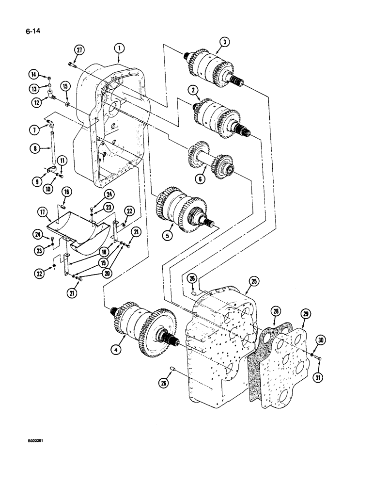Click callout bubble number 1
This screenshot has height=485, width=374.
click(x=120, y=48)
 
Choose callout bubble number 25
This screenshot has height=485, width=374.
click(x=253, y=281)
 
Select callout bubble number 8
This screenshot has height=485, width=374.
click(x=34, y=150)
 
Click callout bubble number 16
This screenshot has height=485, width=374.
click(x=67, y=193)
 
